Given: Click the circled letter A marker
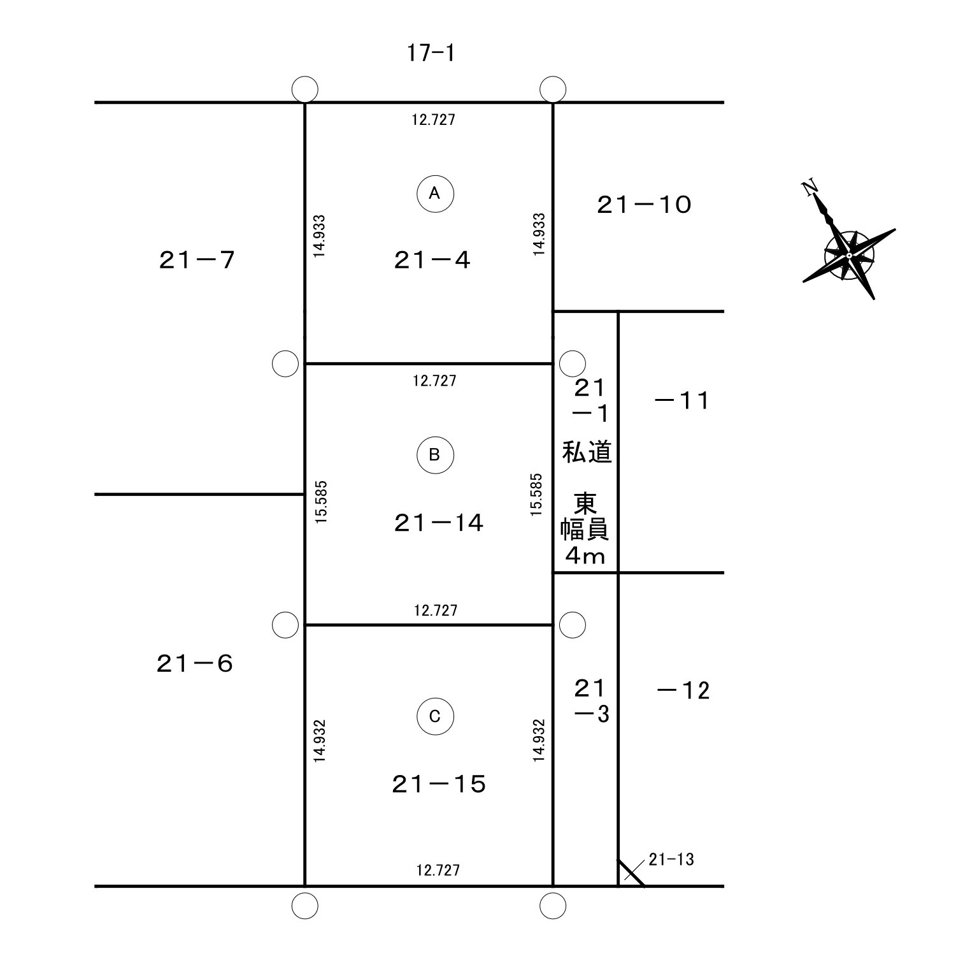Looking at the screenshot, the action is (435, 193).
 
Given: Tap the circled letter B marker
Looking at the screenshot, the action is (435, 455).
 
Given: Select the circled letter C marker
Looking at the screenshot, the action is (435, 717).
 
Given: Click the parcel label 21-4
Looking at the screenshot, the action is (432, 260).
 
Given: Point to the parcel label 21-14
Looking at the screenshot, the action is (439, 523).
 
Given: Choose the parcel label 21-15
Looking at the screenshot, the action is (439, 785).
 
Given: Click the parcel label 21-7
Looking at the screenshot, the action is (197, 260).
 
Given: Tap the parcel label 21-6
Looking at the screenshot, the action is (195, 664).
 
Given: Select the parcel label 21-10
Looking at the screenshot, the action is (644, 205).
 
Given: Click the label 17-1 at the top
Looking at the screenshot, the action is (431, 53).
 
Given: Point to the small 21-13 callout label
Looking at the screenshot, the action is (671, 860).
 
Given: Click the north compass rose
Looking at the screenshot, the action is (849, 255).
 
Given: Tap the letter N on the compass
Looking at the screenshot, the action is (810, 188).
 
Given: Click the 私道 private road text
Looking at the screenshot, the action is (587, 453).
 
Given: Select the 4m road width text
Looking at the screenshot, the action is (585, 556).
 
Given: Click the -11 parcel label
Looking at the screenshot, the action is (681, 401).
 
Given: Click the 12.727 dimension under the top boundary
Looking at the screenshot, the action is (434, 119).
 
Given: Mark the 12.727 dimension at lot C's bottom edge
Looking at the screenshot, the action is (438, 870).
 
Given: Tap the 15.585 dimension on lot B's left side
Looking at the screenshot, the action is (321, 502).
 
